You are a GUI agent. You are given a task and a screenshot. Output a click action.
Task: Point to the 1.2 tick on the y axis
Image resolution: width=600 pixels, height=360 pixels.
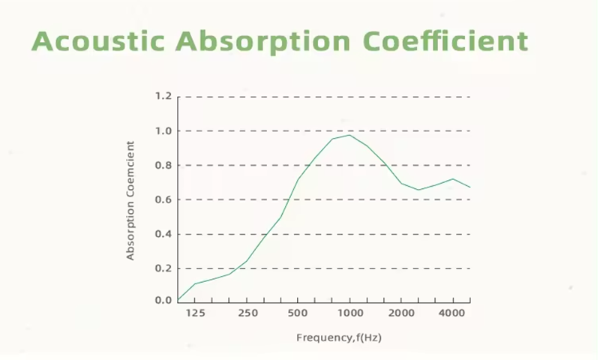coord(163,97)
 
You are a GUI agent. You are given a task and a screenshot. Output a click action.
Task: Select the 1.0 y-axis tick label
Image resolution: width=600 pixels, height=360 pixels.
coord(163,131)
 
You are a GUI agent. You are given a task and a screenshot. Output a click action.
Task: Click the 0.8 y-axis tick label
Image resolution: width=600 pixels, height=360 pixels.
coord(163,166)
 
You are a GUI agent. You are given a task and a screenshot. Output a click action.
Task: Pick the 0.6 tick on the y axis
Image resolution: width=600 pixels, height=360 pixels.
coord(163,199)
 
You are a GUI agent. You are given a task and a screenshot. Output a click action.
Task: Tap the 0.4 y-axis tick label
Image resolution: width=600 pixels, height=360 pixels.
coord(163,234)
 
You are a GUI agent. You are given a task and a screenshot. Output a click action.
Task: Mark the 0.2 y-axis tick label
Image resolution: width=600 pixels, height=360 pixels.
coord(163,268)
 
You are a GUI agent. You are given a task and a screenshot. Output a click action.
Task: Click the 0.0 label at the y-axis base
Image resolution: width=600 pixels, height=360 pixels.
coord(163,300)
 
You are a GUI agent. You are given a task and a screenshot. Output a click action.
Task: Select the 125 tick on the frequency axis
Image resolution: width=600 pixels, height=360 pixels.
coord(196,312)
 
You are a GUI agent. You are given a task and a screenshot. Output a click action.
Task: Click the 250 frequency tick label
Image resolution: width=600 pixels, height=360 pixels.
coord(247,312)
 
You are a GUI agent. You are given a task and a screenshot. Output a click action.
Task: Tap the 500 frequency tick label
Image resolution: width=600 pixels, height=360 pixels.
coord(298,312)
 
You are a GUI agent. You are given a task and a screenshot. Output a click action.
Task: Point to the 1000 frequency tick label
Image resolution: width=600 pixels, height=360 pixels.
coord(349,312)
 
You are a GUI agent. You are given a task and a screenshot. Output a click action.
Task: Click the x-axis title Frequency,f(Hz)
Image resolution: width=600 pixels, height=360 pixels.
coord(339,338)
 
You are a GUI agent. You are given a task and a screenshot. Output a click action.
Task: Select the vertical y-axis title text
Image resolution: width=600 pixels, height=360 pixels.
coord(130,200)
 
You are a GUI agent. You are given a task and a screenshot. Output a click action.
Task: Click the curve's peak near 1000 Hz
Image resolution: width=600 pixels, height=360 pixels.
coord(349,135)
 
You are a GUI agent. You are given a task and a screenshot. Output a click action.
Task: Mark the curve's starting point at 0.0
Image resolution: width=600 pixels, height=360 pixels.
coord(178,300)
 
